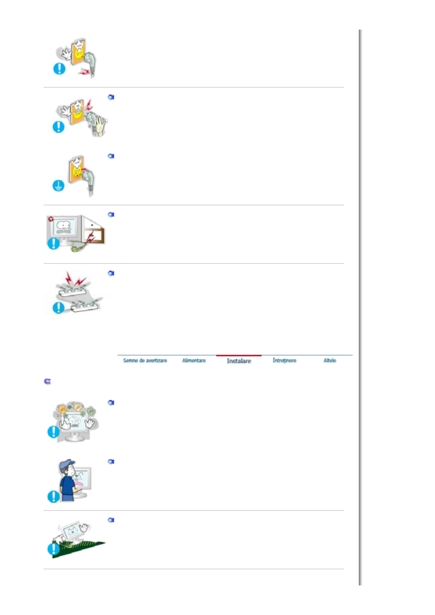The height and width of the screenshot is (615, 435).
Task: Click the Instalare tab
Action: (x=239, y=361)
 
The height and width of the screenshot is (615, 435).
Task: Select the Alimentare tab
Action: (x=194, y=361)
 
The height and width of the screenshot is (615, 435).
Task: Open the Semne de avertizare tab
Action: (x=145, y=361)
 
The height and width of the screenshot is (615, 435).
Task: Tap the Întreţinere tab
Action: (x=284, y=361)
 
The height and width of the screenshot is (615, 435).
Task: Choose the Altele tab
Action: (x=329, y=361)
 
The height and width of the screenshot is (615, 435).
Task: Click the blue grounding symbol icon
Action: (x=59, y=186)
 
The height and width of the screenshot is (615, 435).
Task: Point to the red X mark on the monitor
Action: (x=51, y=219)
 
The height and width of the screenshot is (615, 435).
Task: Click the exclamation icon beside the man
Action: (x=53, y=496)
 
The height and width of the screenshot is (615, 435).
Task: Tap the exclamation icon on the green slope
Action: (x=53, y=549)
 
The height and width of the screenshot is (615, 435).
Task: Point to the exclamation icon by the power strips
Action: (x=59, y=308)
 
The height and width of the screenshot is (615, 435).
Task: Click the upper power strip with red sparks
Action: (x=75, y=291)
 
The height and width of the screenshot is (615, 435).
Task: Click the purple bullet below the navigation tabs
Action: (x=47, y=381)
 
